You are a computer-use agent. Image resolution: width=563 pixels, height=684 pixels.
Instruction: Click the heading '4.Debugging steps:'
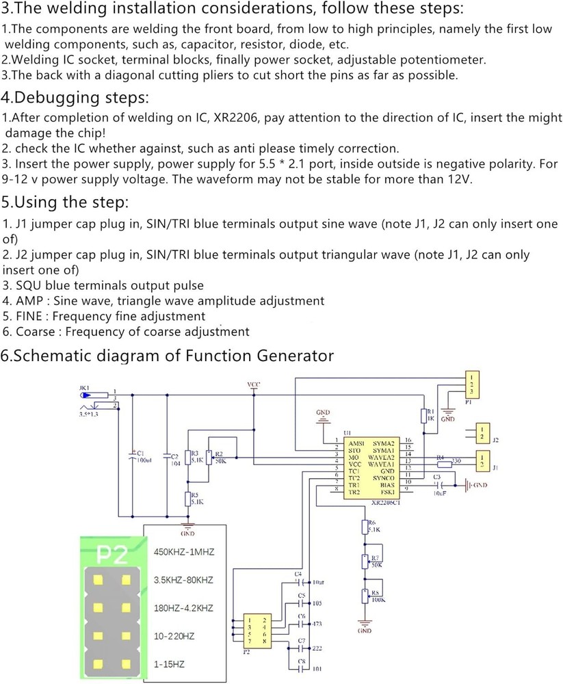click(75, 96)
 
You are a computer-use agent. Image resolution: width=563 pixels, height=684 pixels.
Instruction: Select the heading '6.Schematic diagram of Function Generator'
click(167, 356)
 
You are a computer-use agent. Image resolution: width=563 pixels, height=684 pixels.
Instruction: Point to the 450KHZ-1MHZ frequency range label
click(183, 552)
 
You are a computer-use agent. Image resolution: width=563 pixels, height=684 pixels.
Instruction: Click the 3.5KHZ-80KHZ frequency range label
click(183, 580)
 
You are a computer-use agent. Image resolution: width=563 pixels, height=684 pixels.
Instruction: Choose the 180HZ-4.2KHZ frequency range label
click(183, 608)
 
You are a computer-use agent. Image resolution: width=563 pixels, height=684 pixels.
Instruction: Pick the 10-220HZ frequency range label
click(174, 636)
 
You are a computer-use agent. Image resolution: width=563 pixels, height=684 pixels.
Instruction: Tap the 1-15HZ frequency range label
click(169, 664)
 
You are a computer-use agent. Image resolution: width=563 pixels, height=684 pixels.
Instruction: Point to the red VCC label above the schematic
click(253, 385)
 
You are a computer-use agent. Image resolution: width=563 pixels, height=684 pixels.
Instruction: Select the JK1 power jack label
click(84, 388)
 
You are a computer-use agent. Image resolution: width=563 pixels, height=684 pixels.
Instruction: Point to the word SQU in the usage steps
click(26, 285)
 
